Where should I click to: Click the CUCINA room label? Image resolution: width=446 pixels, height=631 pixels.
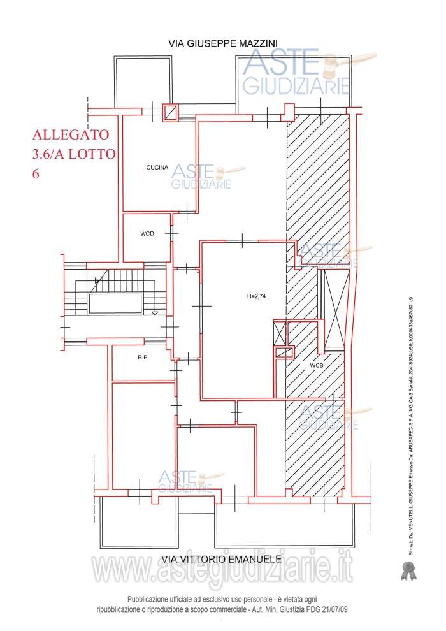click(157, 168)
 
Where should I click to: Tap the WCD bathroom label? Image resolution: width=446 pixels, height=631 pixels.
click(147, 234)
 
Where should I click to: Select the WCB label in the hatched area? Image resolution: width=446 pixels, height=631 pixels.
click(317, 366)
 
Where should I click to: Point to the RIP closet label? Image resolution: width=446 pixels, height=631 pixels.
click(142, 358)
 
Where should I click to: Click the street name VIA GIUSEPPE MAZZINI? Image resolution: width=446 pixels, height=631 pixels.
click(222, 43)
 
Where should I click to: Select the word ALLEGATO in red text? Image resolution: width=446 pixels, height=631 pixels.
click(71, 135)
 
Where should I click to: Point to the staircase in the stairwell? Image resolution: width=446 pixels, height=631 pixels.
click(115, 297)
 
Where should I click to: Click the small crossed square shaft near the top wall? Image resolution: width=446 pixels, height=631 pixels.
click(170, 112)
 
